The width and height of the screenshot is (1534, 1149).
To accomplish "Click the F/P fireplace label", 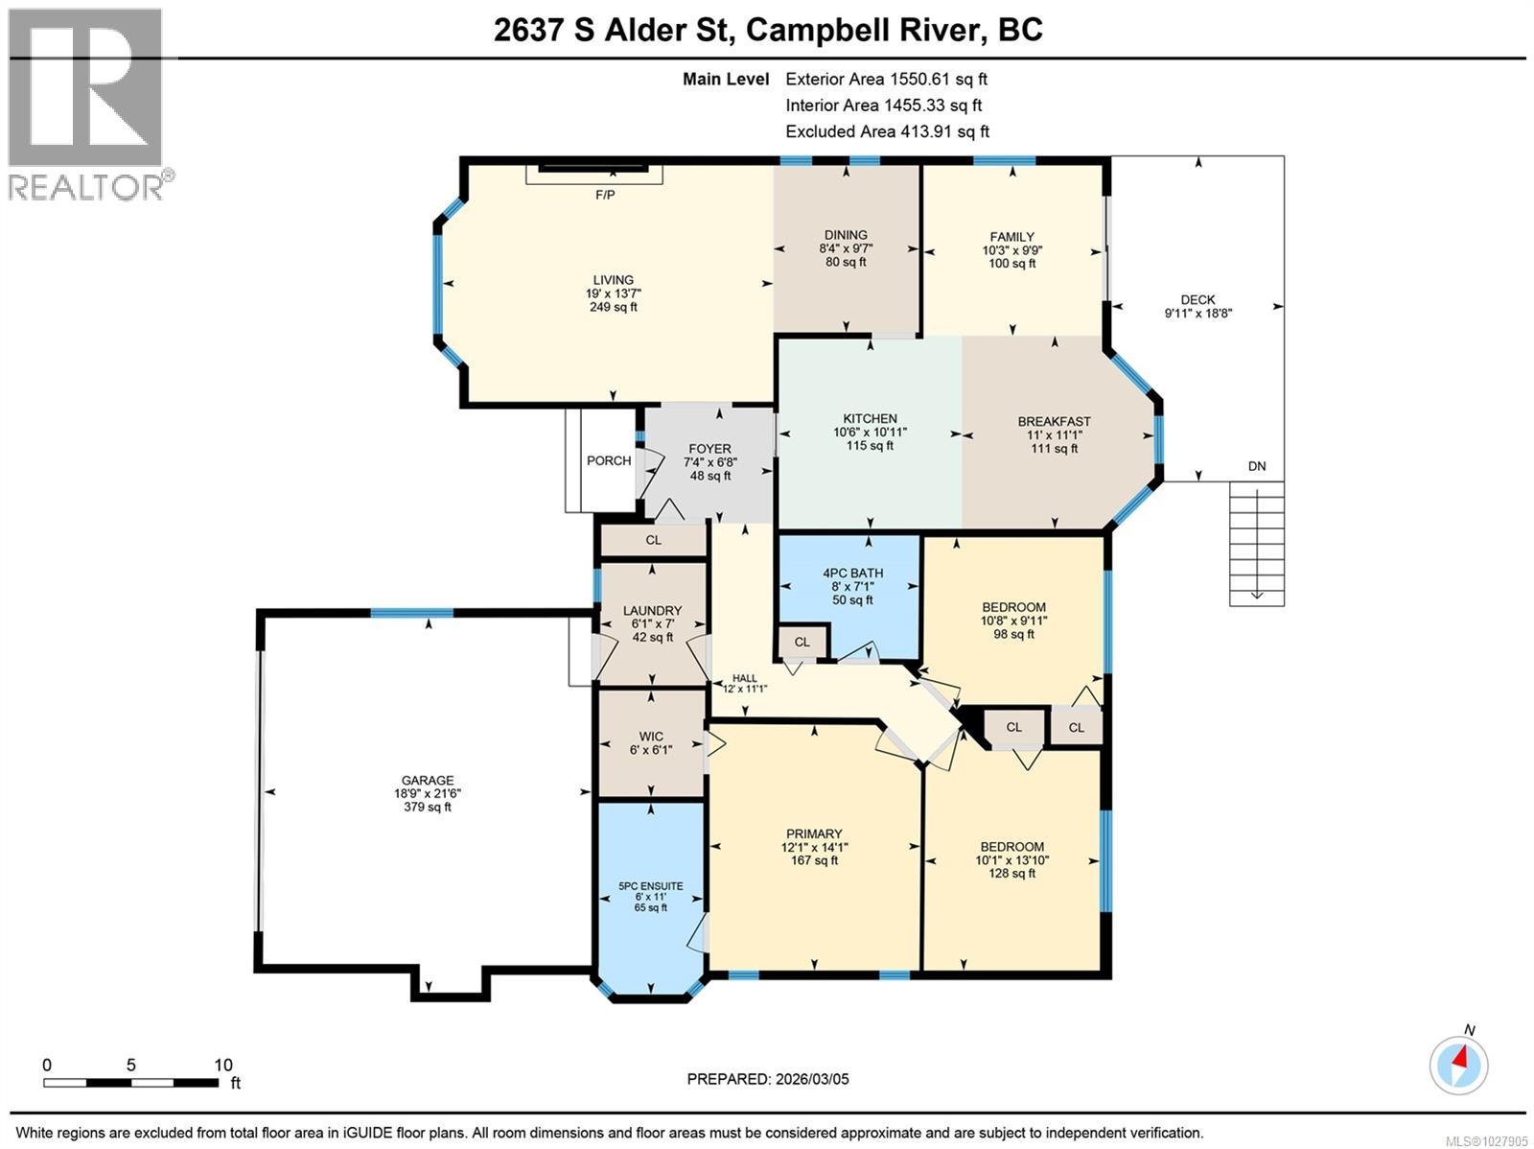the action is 605,195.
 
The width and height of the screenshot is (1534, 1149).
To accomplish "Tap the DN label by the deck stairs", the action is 1257,466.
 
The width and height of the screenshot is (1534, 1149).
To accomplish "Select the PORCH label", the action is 609,460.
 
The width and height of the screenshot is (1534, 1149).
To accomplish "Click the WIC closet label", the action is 651,736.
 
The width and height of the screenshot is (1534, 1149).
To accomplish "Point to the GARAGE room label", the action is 428,780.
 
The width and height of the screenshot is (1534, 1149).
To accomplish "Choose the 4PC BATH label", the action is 852,574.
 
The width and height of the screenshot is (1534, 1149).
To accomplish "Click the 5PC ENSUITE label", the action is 651,886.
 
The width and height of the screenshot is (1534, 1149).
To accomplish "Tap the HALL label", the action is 745,678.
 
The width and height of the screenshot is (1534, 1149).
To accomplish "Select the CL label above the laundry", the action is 654,540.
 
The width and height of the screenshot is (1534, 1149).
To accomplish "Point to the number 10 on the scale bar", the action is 223,1065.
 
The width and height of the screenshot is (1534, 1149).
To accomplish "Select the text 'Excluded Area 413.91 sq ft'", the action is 887,131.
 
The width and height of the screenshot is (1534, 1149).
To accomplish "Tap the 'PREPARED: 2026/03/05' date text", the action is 768,1079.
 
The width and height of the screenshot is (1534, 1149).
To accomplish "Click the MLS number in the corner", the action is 1486,1141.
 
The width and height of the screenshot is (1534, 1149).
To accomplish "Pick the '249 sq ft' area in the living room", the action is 613,307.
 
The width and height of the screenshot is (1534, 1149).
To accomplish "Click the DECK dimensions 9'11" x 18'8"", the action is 1197,313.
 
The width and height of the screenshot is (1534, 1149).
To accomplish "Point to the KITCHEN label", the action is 871,418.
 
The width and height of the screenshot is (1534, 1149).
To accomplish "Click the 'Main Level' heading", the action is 726,79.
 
